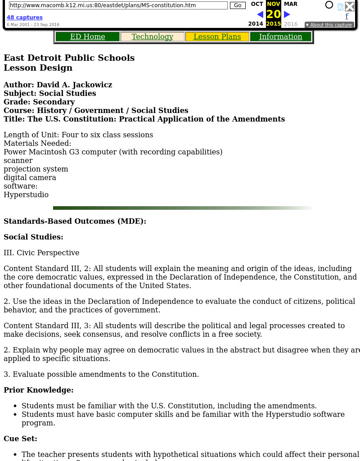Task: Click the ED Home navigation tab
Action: [87, 37]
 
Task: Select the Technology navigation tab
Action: [152, 37]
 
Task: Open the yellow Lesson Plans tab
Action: [217, 37]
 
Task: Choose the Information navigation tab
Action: [280, 37]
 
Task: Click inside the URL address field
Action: [118, 5]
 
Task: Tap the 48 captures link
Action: [24, 18]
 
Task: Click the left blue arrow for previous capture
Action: [260, 14]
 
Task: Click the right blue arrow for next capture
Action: [287, 14]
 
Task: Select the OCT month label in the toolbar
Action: [257, 4]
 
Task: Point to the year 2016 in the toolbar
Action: [291, 24]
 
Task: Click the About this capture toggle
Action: [329, 25]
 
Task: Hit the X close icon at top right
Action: [350, 6]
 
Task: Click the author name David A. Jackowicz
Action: [74, 85]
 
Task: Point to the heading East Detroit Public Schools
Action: [69, 58]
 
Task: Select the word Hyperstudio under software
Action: [26, 195]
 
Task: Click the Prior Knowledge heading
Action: [38, 390]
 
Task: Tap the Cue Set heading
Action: [20, 439]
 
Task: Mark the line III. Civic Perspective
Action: [41, 253]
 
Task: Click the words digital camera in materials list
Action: [30, 178]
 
